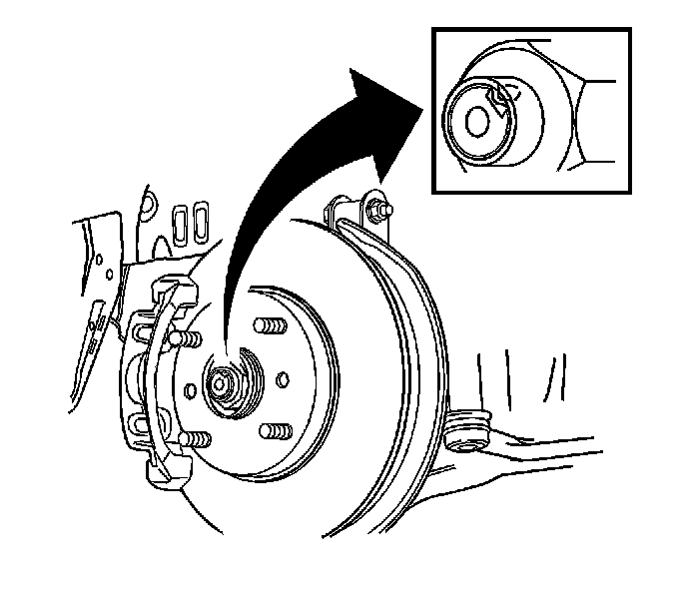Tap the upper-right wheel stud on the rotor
(x=265, y=326)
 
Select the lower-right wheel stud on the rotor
(x=270, y=430)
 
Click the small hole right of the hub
(x=283, y=378)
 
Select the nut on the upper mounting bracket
(x=378, y=210)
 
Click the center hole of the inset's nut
(x=477, y=121)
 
